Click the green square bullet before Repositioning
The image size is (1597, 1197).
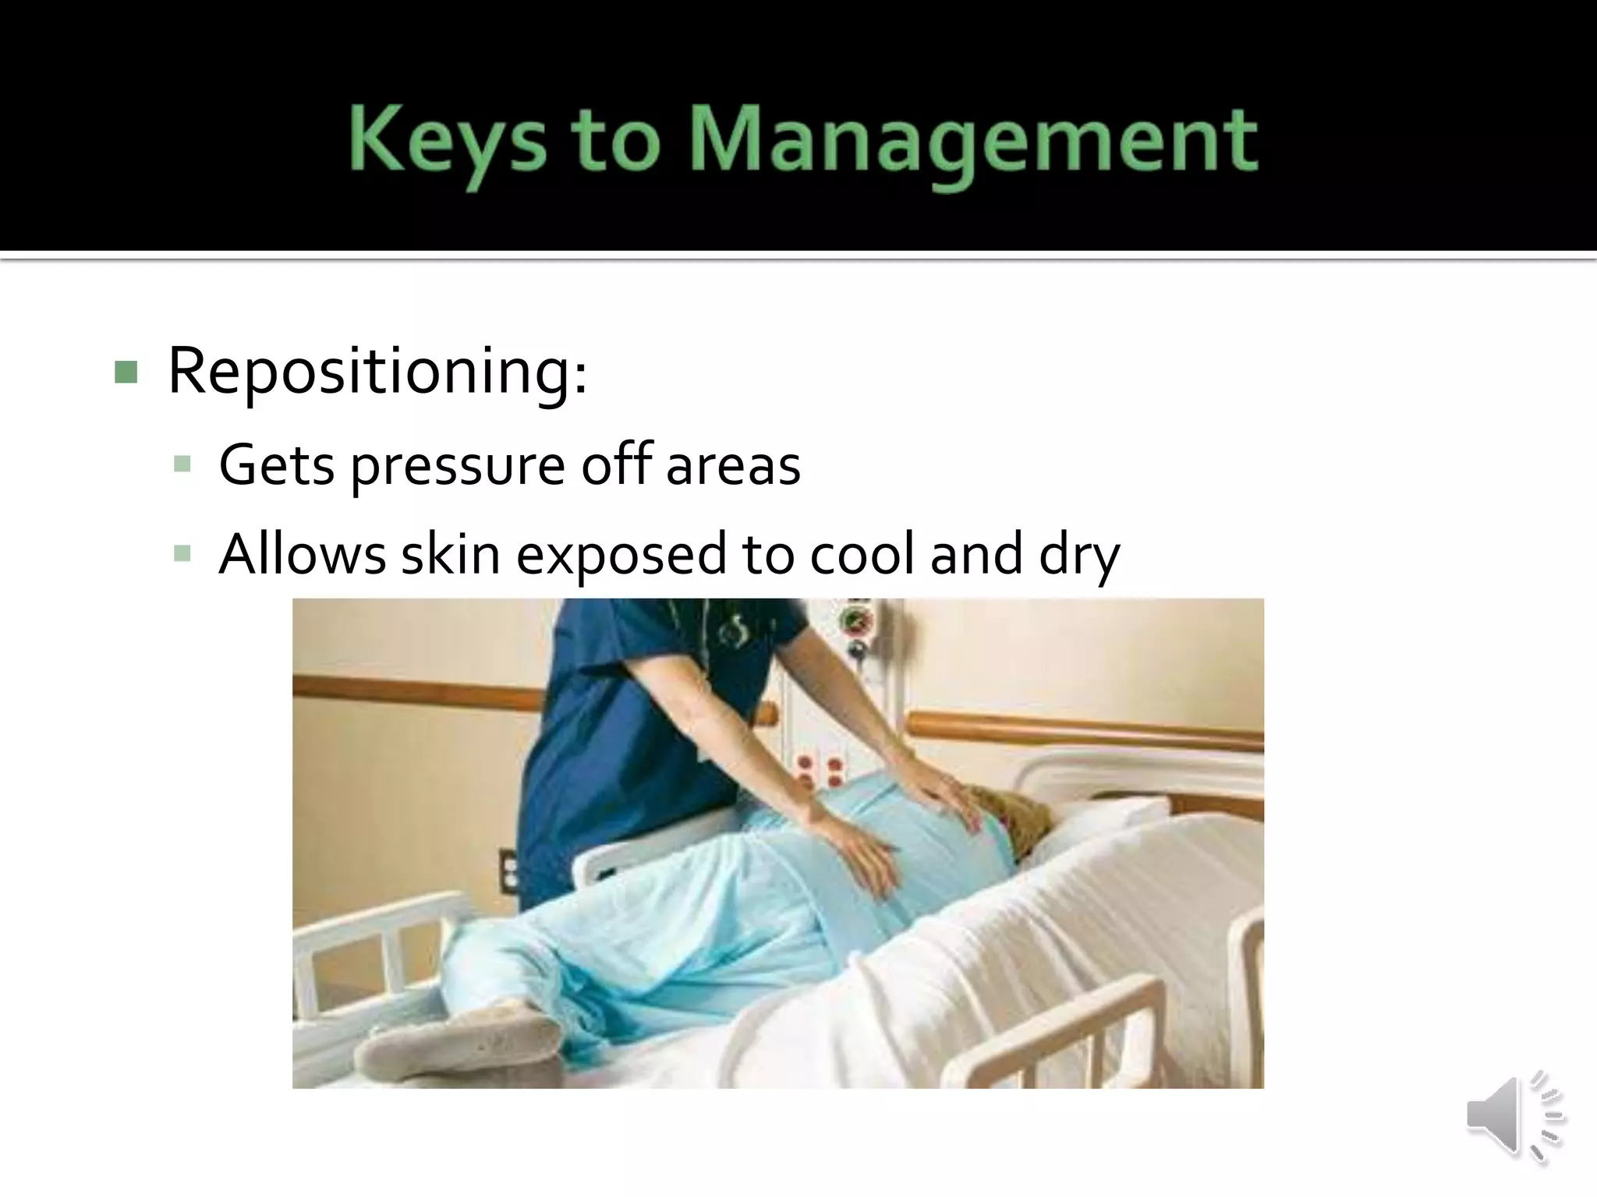126,372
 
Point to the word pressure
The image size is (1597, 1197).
457,466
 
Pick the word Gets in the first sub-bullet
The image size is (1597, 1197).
277,465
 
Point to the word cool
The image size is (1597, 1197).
862,555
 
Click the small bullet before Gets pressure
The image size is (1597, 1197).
183,466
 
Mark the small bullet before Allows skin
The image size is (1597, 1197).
183,555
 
